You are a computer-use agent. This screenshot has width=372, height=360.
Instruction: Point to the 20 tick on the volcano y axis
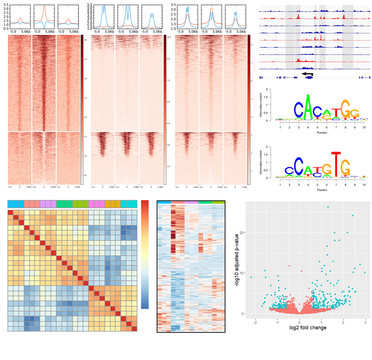click(x=244, y=232)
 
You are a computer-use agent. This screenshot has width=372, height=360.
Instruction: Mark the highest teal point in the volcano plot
click(x=328, y=207)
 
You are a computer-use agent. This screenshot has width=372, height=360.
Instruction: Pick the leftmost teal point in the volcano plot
click(x=251, y=277)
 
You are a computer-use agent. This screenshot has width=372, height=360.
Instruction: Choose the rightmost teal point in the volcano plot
click(x=365, y=273)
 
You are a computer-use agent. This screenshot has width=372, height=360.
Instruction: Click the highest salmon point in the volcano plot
click(x=289, y=266)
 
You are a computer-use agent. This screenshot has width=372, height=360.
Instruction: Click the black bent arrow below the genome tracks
click(x=307, y=74)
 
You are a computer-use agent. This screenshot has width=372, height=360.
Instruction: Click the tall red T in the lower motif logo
click(x=336, y=164)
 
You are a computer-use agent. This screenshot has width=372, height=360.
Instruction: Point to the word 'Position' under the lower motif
click(x=322, y=190)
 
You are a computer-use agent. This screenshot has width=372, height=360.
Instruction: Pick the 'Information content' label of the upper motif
click(x=266, y=105)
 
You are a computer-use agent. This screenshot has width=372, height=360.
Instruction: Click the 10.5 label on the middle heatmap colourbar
click(x=169, y=37)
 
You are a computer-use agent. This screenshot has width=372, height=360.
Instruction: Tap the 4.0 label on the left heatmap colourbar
click(x=85, y=40)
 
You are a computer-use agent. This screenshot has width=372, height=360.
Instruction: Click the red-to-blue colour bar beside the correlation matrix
click(x=145, y=254)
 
